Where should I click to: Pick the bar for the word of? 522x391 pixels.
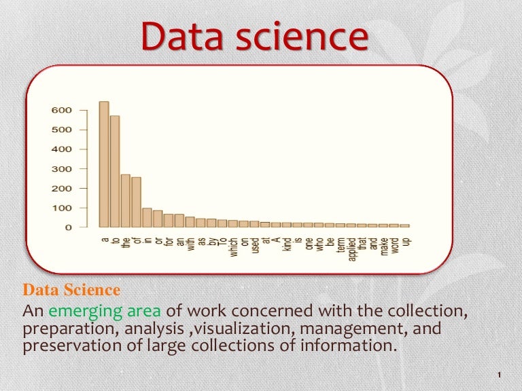(136, 202)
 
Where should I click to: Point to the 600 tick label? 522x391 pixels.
(61, 110)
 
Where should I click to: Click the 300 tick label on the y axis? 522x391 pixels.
(61, 168)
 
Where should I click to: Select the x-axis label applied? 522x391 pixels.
(351, 250)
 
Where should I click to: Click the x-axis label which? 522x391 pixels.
(233, 246)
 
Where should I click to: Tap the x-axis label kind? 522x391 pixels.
(287, 243)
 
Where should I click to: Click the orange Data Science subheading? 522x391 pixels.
(71, 291)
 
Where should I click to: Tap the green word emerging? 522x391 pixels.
(82, 312)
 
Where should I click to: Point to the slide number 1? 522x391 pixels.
(499, 375)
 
